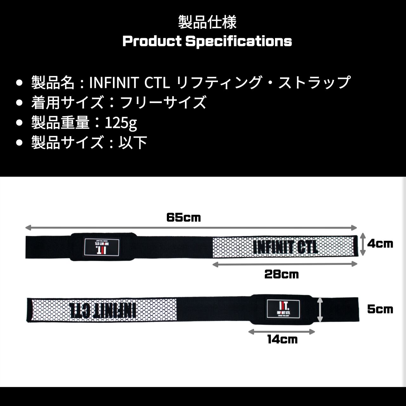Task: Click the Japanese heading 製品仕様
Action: (x=207, y=22)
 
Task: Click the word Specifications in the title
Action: (x=239, y=41)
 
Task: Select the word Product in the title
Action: (x=152, y=41)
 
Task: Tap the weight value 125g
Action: (x=121, y=122)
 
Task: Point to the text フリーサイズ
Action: (x=164, y=102)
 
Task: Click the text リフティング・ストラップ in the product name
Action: (x=263, y=82)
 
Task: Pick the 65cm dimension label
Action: (x=184, y=218)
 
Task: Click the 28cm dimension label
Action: (x=281, y=274)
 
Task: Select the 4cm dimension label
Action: (x=380, y=244)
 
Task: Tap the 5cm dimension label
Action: (x=380, y=309)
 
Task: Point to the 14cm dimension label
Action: (x=282, y=340)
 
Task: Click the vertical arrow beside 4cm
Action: (x=363, y=244)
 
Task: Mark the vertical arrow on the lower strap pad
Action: (x=320, y=310)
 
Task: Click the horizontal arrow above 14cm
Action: (x=281, y=332)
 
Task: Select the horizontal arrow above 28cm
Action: (x=285, y=264)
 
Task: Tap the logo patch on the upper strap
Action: (x=102, y=247)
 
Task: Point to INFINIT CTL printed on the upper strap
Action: (x=285, y=247)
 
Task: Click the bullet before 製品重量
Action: (x=20, y=122)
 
